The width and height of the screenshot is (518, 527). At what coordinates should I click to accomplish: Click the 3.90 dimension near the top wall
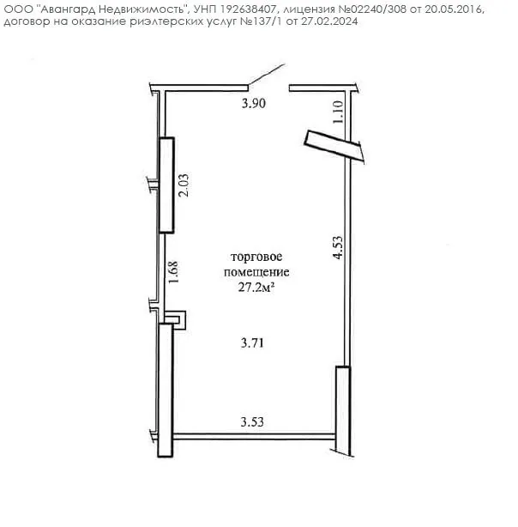click(x=254, y=103)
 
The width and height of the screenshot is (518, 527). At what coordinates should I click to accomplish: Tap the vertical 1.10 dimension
click(x=338, y=112)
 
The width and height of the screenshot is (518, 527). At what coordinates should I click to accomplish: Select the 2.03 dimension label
click(x=184, y=185)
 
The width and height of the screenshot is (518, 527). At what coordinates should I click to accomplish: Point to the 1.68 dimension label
click(x=173, y=272)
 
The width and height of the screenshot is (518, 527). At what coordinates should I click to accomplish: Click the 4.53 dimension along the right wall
click(x=338, y=247)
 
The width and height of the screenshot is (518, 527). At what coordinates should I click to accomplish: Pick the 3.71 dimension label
click(x=252, y=343)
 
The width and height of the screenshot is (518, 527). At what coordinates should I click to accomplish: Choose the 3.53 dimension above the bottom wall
click(x=252, y=421)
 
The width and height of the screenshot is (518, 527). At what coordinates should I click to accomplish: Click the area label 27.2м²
click(x=256, y=288)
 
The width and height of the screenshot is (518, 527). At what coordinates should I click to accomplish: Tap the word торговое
click(x=256, y=257)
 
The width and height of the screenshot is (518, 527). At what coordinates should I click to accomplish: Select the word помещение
click(x=256, y=272)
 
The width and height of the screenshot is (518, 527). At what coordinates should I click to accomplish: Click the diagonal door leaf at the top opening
click(x=267, y=74)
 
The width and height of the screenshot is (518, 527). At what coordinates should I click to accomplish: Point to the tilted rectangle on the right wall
click(x=334, y=147)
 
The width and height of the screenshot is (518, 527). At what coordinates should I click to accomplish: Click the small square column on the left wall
click(x=175, y=320)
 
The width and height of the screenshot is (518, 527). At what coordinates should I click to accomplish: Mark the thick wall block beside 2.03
click(x=166, y=185)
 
